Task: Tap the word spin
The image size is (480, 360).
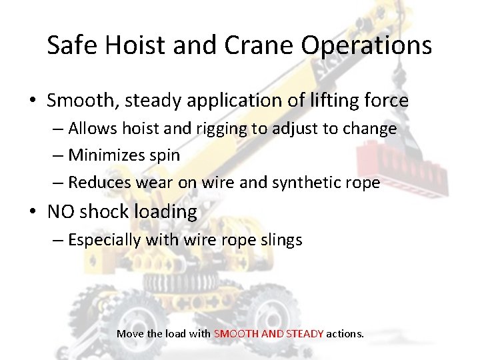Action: [166, 155]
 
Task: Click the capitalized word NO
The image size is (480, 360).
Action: [61, 212]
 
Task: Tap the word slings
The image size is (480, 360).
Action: [281, 239]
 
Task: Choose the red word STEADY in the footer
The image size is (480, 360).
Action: [305, 333]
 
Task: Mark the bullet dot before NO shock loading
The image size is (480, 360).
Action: [33, 213]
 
